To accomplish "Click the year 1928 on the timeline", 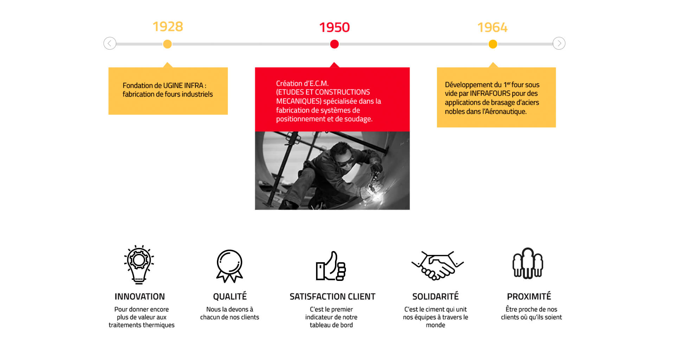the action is tap(168, 27).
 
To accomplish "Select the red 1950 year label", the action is tap(334, 27).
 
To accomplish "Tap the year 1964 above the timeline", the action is tap(492, 27).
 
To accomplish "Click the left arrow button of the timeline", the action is tap(110, 43).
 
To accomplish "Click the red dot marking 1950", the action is tap(334, 44).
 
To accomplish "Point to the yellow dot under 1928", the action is tap(167, 44).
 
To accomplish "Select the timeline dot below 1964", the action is tap(493, 44).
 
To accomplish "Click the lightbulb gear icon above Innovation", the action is tap(139, 264).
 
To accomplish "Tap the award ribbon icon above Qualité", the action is tap(230, 266).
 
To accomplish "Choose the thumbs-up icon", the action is tap(331, 266).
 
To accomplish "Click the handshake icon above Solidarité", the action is tap(437, 265).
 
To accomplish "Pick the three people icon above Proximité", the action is tap(528, 263).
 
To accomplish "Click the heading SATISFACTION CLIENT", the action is tap(332, 297).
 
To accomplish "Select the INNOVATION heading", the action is tap(140, 297).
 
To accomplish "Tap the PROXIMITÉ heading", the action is tap(529, 296).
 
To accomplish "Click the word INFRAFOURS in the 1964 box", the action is tap(490, 94).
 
